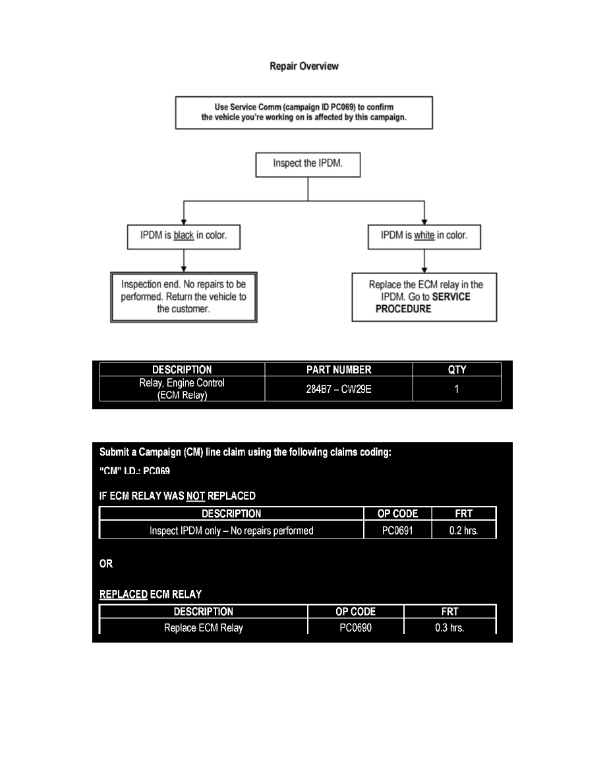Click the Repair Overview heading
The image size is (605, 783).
tap(304, 66)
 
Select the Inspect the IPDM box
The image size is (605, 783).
tap(308, 164)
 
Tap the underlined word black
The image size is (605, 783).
tap(184, 236)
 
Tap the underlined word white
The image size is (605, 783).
tap(424, 235)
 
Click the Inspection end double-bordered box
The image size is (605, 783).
tap(183, 297)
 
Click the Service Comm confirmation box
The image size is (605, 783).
tap(304, 113)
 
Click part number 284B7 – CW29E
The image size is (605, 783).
tap(338, 389)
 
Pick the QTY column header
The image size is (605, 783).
tap(457, 370)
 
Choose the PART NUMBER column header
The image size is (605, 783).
tap(338, 370)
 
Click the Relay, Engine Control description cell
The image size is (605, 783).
tap(182, 389)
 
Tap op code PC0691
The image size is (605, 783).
tap(397, 531)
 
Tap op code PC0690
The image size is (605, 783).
tap(356, 627)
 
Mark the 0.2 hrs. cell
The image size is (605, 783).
tap(463, 531)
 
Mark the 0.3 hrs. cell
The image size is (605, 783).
tap(449, 627)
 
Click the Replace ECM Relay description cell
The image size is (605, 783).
tap(203, 627)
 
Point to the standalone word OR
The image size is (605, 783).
tap(106, 564)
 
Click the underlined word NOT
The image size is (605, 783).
tap(196, 496)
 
